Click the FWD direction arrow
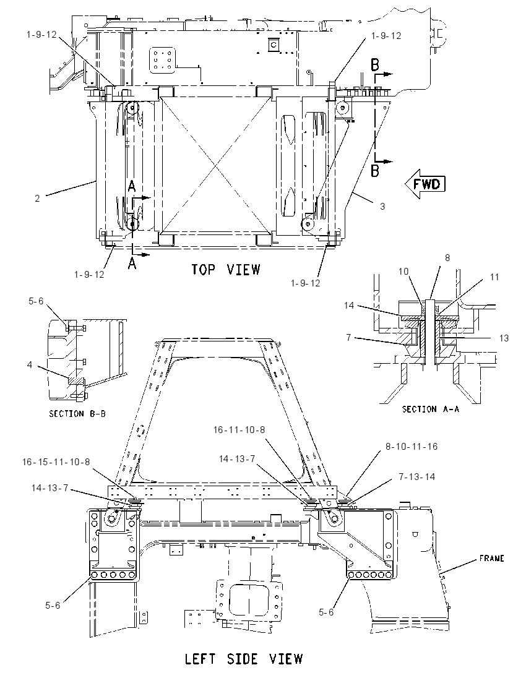coord(425,184)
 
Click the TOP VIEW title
coord(226,269)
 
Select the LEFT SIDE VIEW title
coord(244,659)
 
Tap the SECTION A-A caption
coord(431,409)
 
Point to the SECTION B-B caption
coord(77,414)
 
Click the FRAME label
coord(491,558)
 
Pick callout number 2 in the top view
coord(37,198)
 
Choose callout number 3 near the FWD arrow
coord(382,206)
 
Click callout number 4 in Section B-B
coord(30,364)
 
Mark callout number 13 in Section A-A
coord(504,338)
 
